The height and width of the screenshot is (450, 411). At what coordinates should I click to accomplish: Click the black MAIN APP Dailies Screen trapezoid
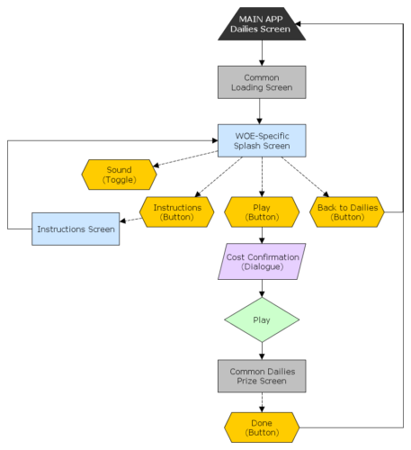coord(262,24)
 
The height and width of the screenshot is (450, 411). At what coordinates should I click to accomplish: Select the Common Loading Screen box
coord(262,82)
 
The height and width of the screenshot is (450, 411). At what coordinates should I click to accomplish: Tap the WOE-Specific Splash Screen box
coord(262,140)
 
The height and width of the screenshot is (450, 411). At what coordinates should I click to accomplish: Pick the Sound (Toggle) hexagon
coord(119,175)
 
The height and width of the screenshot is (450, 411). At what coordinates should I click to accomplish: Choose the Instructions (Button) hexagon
coord(177,212)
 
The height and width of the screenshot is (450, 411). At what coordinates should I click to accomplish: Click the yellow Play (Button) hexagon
coord(262,212)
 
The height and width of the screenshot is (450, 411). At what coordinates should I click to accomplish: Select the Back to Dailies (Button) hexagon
coord(347,212)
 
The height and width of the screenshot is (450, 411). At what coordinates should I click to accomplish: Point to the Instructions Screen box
coord(76,229)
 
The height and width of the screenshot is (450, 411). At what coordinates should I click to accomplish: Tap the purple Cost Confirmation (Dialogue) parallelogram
coord(262,262)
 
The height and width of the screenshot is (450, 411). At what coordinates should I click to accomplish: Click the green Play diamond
coord(262,319)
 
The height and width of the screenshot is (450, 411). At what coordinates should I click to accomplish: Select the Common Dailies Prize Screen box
coord(262,376)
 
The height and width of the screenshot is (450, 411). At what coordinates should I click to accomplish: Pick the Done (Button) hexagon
coord(262,427)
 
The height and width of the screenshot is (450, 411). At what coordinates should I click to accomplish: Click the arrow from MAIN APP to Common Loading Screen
coord(262,53)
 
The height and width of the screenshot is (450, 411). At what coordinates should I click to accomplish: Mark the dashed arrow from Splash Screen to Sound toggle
coord(185,158)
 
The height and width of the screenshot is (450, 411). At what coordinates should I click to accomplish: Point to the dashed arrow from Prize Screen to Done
coord(262,402)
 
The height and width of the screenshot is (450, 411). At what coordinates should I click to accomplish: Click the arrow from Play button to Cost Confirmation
coord(262,235)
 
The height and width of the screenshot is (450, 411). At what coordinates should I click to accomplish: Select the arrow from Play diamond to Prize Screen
coord(262,351)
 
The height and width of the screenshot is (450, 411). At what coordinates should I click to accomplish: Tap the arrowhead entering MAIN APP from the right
coord(298,23)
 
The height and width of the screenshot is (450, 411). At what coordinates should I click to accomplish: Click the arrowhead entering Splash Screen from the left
coord(215,140)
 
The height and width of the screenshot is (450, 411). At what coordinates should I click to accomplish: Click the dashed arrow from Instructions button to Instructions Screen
coord(131,220)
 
